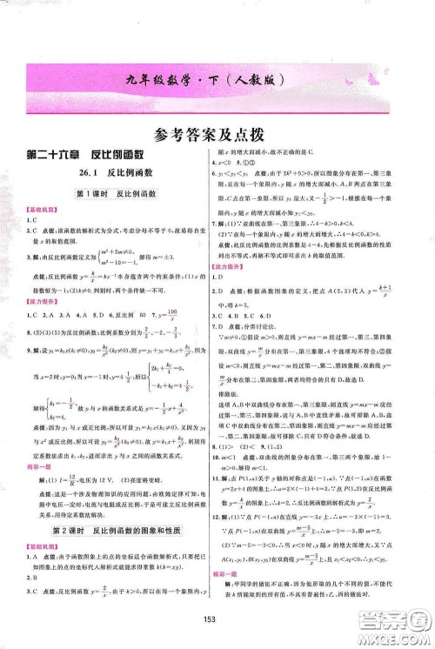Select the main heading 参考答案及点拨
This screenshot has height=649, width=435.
coord(217,135)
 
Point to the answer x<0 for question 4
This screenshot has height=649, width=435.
coord(230,185)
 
